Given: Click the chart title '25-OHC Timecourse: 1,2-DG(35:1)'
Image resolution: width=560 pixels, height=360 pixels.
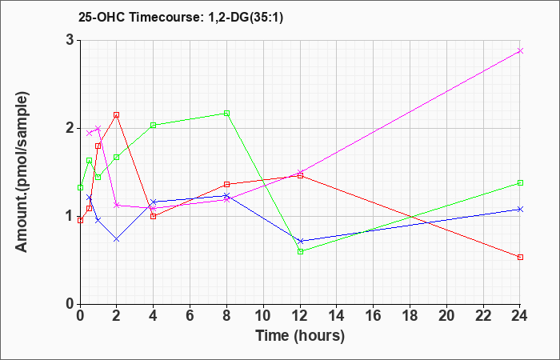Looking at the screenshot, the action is click(181, 17).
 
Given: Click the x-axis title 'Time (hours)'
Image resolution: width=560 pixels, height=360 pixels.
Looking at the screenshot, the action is click(300, 336).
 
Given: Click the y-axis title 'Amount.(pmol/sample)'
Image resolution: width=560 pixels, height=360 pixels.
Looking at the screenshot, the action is click(22, 172).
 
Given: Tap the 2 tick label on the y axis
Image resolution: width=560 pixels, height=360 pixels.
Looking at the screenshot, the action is click(70, 129).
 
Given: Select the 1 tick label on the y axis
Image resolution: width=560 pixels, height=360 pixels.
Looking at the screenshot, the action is click(70, 217).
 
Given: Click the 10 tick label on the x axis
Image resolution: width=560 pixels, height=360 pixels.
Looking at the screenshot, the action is click(263, 315).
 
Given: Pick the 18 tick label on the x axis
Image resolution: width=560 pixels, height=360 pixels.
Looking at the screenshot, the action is click(410, 315).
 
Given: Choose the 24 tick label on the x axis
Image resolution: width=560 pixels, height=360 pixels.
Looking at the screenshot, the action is click(520, 315).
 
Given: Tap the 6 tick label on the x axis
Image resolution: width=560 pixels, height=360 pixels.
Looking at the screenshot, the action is click(190, 315).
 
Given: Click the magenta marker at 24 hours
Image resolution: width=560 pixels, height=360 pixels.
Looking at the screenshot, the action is click(520, 50).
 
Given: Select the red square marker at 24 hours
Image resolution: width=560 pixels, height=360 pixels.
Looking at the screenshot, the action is click(520, 257).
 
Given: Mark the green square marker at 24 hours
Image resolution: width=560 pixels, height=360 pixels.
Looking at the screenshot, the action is click(520, 183).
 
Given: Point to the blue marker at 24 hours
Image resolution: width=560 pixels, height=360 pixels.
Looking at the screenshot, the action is click(520, 210).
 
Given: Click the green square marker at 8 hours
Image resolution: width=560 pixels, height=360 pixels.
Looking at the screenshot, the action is click(226, 114).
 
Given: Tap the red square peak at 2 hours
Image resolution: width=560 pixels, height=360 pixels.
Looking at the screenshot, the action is click(117, 114).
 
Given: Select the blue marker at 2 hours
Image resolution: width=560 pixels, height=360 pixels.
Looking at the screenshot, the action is click(117, 239).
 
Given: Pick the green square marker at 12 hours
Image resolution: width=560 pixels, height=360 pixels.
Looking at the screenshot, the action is click(300, 251).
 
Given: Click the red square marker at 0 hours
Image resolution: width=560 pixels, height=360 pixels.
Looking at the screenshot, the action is click(80, 220).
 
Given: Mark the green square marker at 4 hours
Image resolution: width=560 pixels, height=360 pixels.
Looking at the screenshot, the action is click(154, 125).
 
